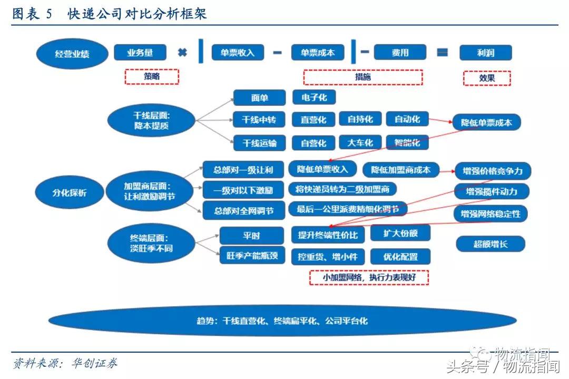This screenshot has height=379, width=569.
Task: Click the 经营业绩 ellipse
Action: tap(72, 54)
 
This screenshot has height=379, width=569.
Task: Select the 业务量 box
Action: tap(140, 53)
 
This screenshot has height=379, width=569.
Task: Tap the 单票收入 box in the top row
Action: tap(238, 53)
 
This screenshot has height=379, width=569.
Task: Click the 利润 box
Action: tap(486, 53)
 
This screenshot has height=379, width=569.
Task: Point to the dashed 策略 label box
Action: tap(152, 76)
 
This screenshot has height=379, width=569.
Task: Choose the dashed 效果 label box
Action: tap(487, 78)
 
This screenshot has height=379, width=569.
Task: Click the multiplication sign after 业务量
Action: tap(182, 53)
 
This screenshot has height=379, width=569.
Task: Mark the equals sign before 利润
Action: tap(442, 53)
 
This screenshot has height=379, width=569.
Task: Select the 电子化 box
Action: tap(314, 98)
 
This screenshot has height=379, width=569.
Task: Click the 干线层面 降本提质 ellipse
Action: tap(151, 121)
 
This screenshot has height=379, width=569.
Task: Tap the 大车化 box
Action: tap(360, 142)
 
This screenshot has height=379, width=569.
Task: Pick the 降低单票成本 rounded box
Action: tap(486, 123)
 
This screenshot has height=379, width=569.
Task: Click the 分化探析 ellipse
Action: tap(70, 192)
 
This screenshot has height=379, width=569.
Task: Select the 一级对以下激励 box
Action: tap(243, 190)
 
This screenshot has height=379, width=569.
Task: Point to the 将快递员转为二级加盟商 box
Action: tap(342, 189)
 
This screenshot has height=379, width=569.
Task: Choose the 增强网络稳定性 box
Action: tap(490, 214)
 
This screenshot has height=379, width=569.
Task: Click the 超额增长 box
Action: tap(490, 244)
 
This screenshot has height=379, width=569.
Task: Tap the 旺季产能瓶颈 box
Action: tap(252, 255)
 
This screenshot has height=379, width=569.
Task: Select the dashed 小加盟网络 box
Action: tap(369, 278)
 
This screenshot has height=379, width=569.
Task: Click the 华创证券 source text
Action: tap(94, 363)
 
